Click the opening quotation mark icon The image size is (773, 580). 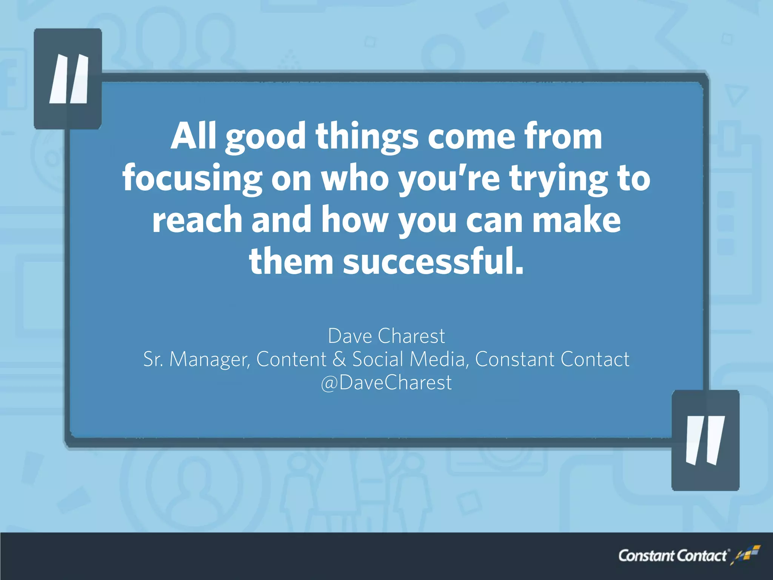point(68,79)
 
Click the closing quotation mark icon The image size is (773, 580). point(705,440)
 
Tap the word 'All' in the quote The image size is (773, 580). point(194,136)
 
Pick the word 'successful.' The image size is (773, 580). point(433,262)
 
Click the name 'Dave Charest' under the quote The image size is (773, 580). point(386,336)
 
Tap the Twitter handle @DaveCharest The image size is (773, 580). point(386,383)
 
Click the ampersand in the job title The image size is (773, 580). point(339,359)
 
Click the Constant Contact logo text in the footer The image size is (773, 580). point(672,556)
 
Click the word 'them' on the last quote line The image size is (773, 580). point(291,262)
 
